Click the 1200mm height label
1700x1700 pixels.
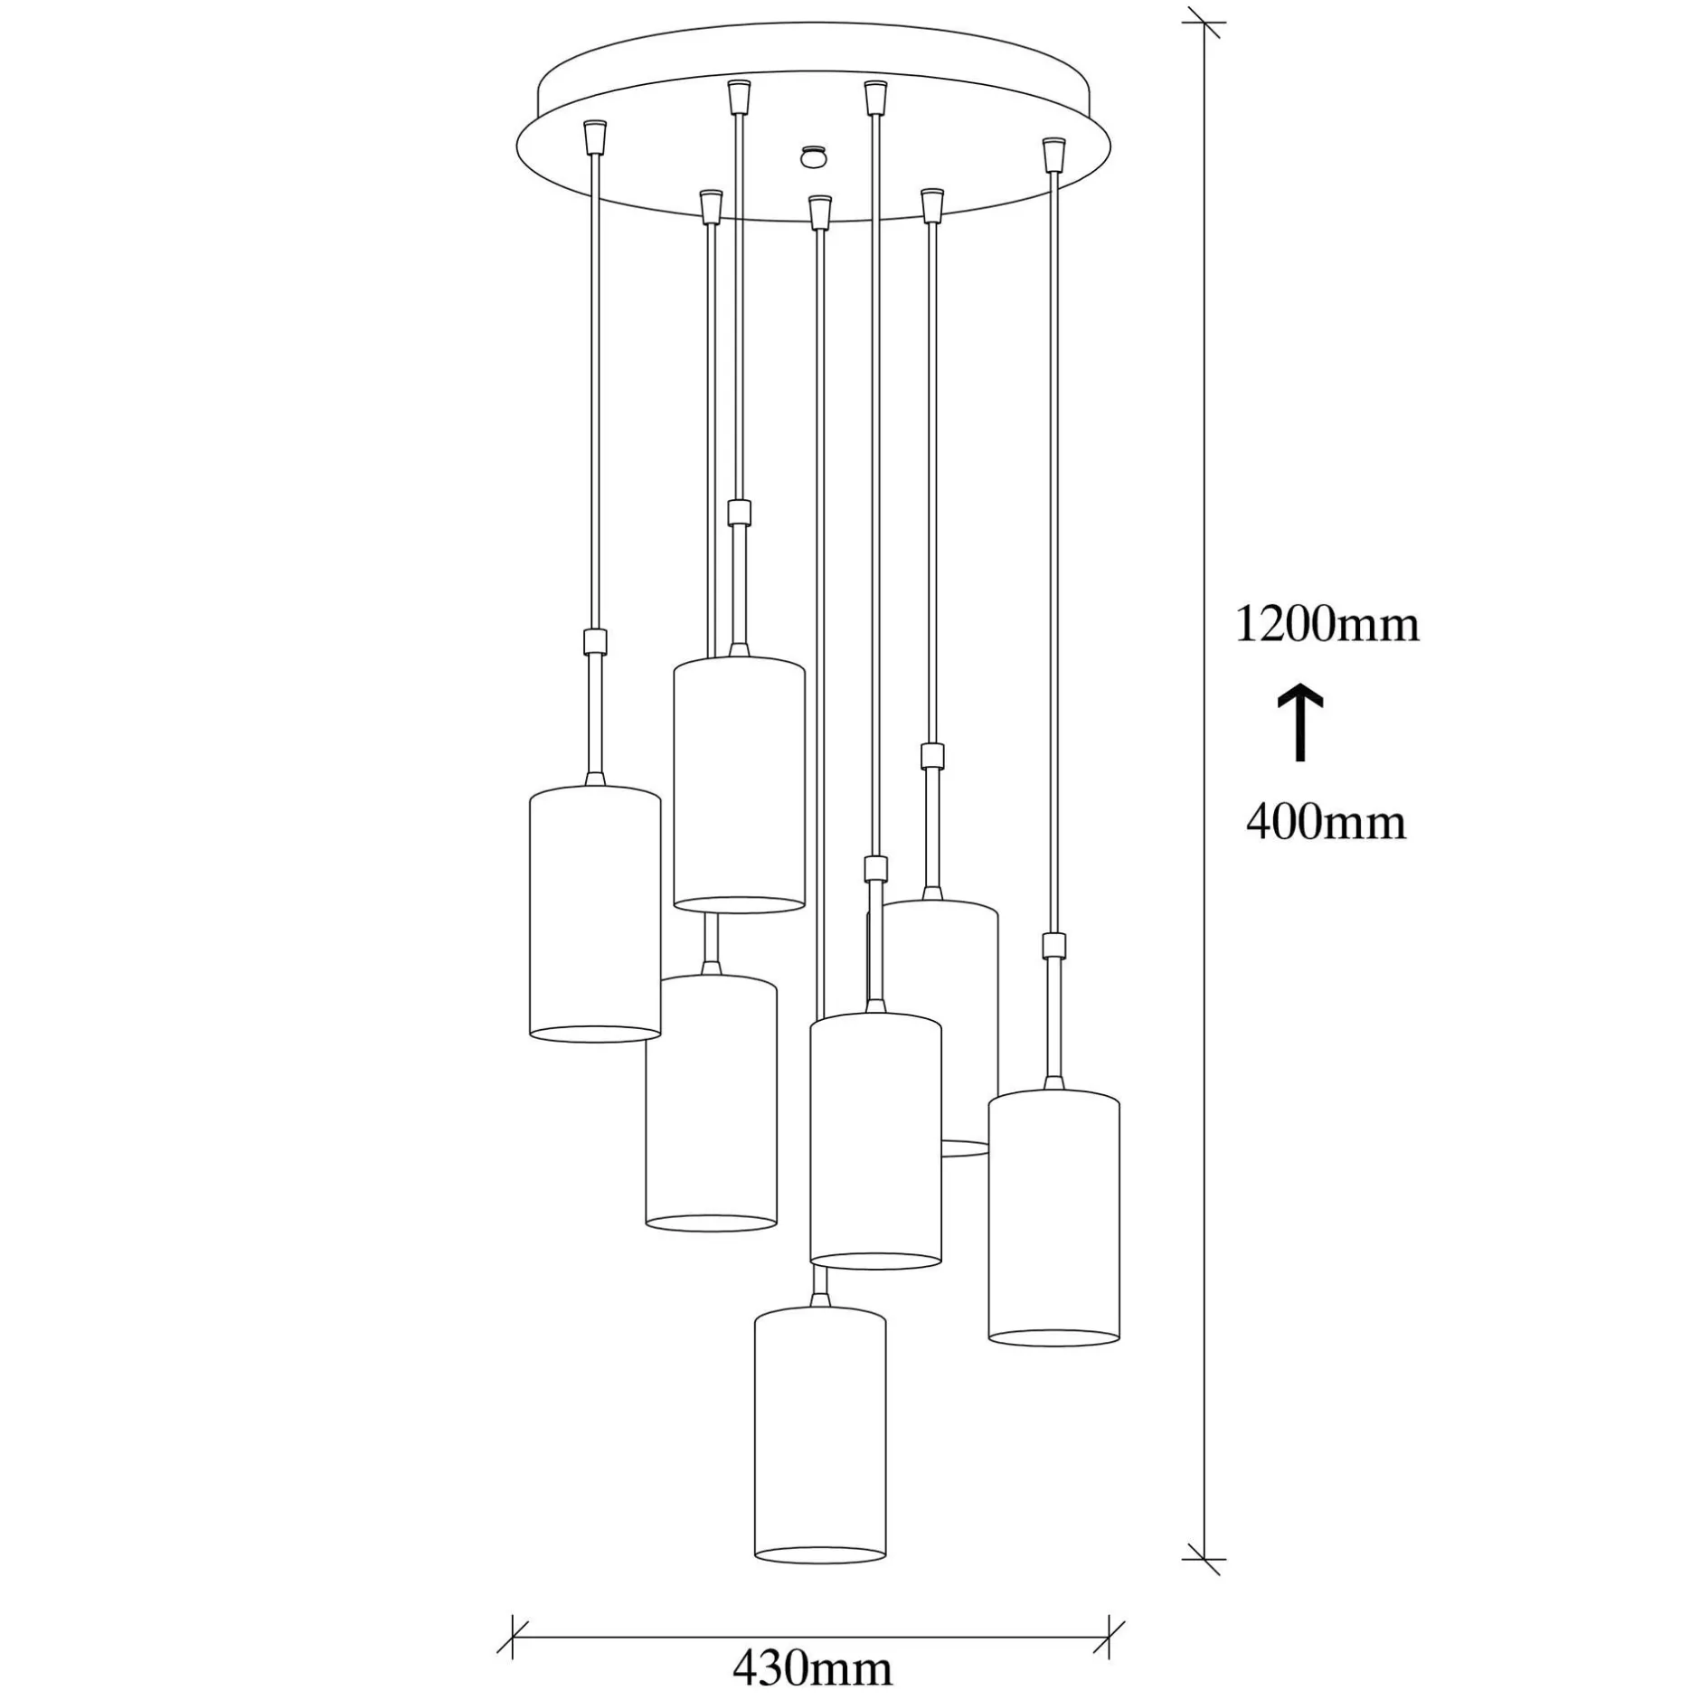pyautogui.click(x=1327, y=624)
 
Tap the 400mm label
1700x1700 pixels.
pyautogui.click(x=1326, y=822)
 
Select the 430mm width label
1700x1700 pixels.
pyautogui.click(x=812, y=1668)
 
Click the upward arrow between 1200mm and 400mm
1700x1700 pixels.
pyautogui.click(x=1300, y=723)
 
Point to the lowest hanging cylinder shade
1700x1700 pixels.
pyautogui.click(x=820, y=1434)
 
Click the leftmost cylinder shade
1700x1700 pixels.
pyautogui.click(x=594, y=913)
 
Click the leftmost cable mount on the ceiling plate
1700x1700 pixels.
pyautogui.click(x=594, y=137)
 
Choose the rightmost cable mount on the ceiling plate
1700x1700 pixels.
pyautogui.click(x=1053, y=155)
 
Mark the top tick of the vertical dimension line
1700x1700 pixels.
pyautogui.click(x=1204, y=23)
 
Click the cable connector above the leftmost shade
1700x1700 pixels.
pyautogui.click(x=594, y=641)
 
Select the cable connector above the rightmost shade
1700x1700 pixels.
pyautogui.click(x=1053, y=945)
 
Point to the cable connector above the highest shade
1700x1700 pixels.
pyautogui.click(x=739, y=512)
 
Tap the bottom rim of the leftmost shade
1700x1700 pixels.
pyautogui.click(x=594, y=1034)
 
